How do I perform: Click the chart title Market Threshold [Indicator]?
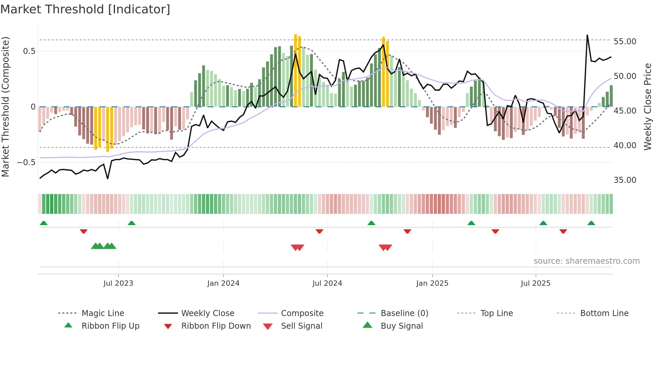coord(85,9)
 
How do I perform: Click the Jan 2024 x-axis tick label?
coord(223,283)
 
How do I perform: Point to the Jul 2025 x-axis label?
coord(535,283)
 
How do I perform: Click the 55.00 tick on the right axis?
coord(625,42)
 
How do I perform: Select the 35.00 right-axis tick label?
coord(625,180)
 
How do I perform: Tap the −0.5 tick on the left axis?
coord(26,163)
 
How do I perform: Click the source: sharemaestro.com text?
coord(586,261)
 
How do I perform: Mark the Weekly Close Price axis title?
coord(647,107)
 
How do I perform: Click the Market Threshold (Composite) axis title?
coord(5,107)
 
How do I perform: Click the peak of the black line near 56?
coord(587,35)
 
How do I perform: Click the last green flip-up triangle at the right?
coord(591,223)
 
